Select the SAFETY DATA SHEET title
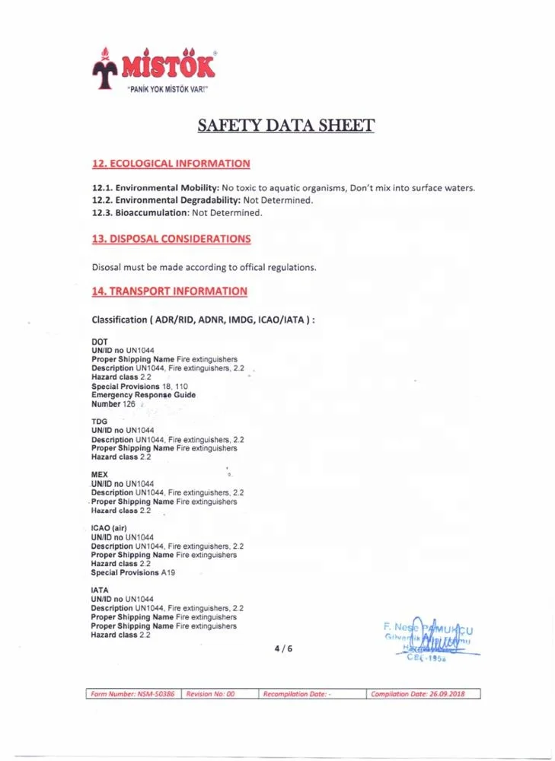[285, 126]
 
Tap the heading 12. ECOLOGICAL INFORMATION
[171, 164]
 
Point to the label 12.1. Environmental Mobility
[155, 188]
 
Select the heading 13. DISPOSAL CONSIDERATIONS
[171, 239]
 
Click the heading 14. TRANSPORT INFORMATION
[169, 291]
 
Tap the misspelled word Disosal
[107, 267]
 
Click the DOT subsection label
[99, 342]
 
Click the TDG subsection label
[99, 421]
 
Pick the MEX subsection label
[100, 475]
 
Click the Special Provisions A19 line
[132, 572]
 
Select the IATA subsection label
[100, 590]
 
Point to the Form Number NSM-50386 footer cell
[133, 694]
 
